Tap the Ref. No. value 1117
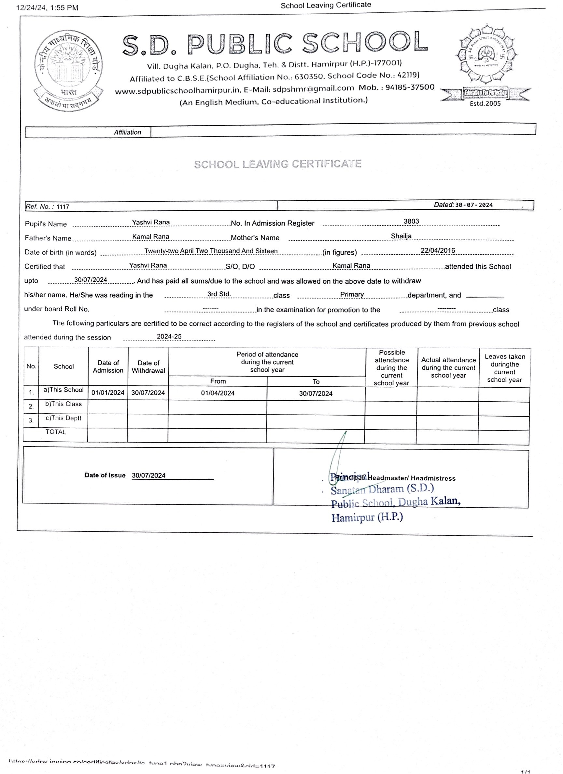click(63, 207)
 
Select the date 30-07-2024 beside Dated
click(474, 205)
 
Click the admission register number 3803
click(411, 221)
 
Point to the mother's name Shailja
click(401, 236)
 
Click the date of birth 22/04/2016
click(438, 250)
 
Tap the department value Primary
click(352, 294)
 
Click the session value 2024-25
click(169, 337)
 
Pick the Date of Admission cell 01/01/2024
click(107, 393)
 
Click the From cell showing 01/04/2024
click(218, 393)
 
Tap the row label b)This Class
click(63, 404)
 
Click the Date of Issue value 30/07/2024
click(148, 475)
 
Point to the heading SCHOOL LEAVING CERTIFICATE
click(277, 164)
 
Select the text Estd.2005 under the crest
click(485, 103)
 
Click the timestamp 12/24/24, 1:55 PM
click(47, 7)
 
